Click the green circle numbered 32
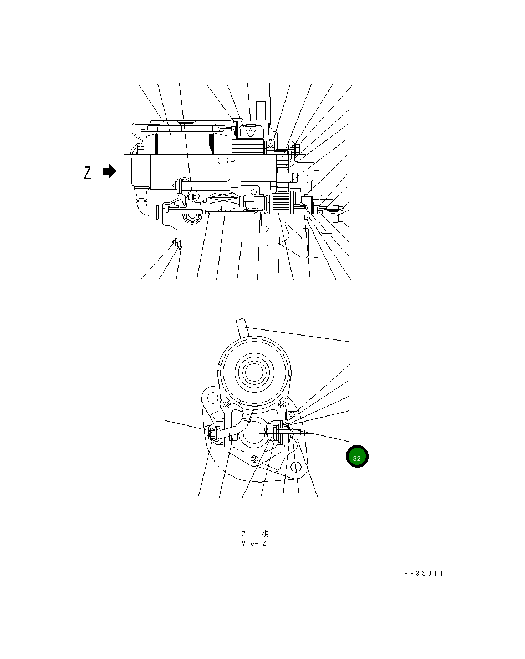point(357,457)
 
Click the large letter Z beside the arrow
point(88,173)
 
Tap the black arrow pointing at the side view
point(109,171)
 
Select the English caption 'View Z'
point(254,544)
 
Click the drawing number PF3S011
point(424,574)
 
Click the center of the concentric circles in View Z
point(253,372)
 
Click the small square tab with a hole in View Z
point(292,414)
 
